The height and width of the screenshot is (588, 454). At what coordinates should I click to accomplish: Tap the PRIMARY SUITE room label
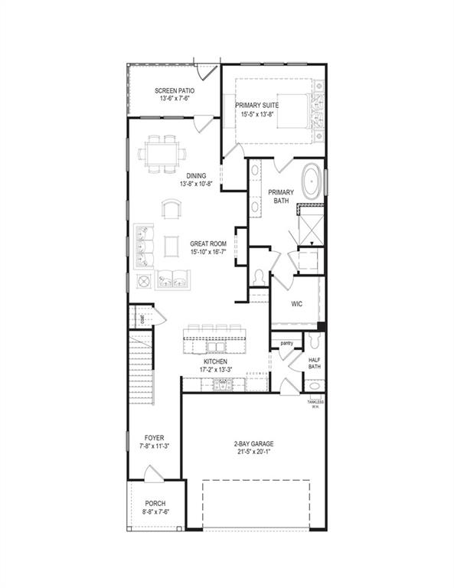tap(256, 105)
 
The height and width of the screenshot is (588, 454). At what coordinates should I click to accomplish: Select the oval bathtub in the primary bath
tap(312, 181)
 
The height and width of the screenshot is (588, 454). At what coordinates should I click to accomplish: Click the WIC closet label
tap(297, 304)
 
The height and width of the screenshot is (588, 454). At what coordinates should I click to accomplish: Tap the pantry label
tap(287, 344)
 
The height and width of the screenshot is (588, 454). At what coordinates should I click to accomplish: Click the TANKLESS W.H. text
tap(315, 404)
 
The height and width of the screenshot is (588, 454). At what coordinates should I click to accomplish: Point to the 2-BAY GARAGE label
tap(253, 443)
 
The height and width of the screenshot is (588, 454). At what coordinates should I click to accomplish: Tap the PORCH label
tap(155, 503)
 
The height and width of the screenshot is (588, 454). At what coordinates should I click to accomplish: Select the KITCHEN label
tap(215, 361)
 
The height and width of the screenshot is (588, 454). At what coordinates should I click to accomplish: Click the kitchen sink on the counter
tap(224, 385)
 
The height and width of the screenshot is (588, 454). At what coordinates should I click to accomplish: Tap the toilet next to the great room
tap(259, 276)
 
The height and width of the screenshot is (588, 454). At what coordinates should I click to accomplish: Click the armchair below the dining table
tap(172, 208)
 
